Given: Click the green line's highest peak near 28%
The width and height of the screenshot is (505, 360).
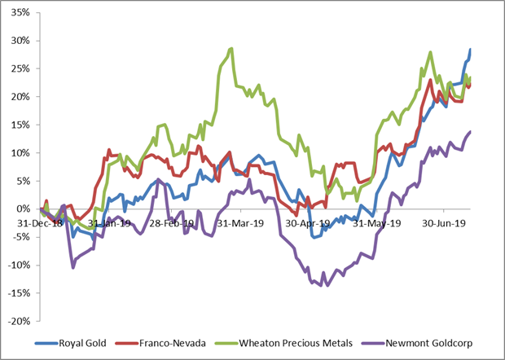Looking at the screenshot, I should [231, 48].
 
